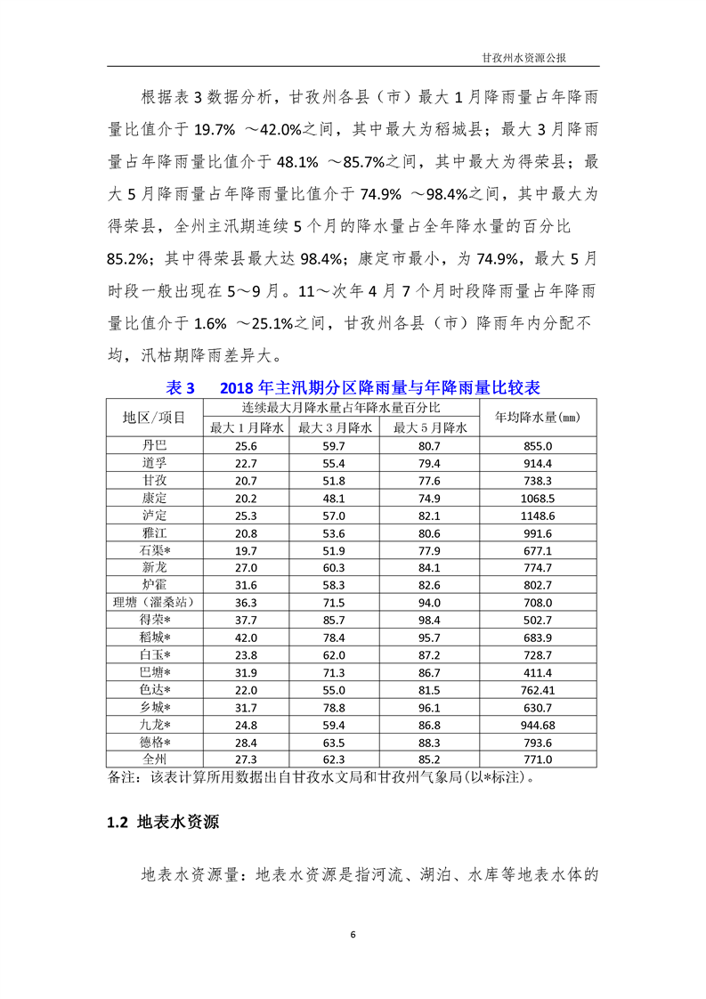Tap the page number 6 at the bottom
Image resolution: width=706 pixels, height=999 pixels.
[x=353, y=934]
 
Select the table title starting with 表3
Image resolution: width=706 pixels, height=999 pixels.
[x=353, y=387]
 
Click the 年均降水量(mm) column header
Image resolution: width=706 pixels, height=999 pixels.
[x=538, y=417]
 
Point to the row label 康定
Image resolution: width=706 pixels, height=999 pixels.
[x=154, y=497]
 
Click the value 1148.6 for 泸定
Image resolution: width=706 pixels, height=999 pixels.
[x=538, y=515]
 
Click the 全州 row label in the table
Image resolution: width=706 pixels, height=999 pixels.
[x=154, y=759]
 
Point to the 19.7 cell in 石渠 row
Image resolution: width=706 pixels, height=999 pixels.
[x=246, y=549]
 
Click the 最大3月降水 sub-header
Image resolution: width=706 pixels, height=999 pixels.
[x=334, y=427]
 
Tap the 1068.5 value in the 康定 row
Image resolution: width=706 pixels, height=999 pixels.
[x=538, y=497]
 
